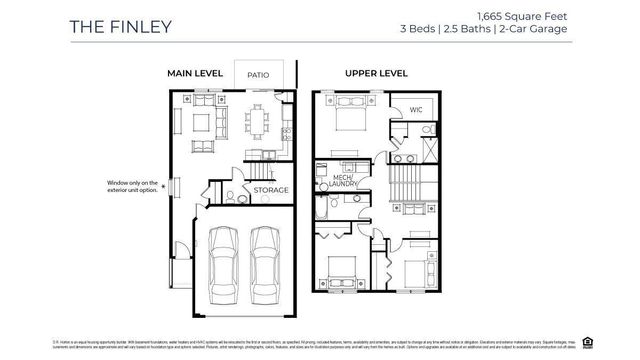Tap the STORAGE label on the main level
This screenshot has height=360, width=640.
[x=270, y=190]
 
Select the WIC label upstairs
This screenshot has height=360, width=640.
[x=417, y=110]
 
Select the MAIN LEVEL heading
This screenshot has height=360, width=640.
[x=196, y=74]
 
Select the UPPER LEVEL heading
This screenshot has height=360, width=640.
[x=375, y=74]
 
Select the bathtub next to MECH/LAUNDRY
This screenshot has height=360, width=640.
[x=327, y=209]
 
